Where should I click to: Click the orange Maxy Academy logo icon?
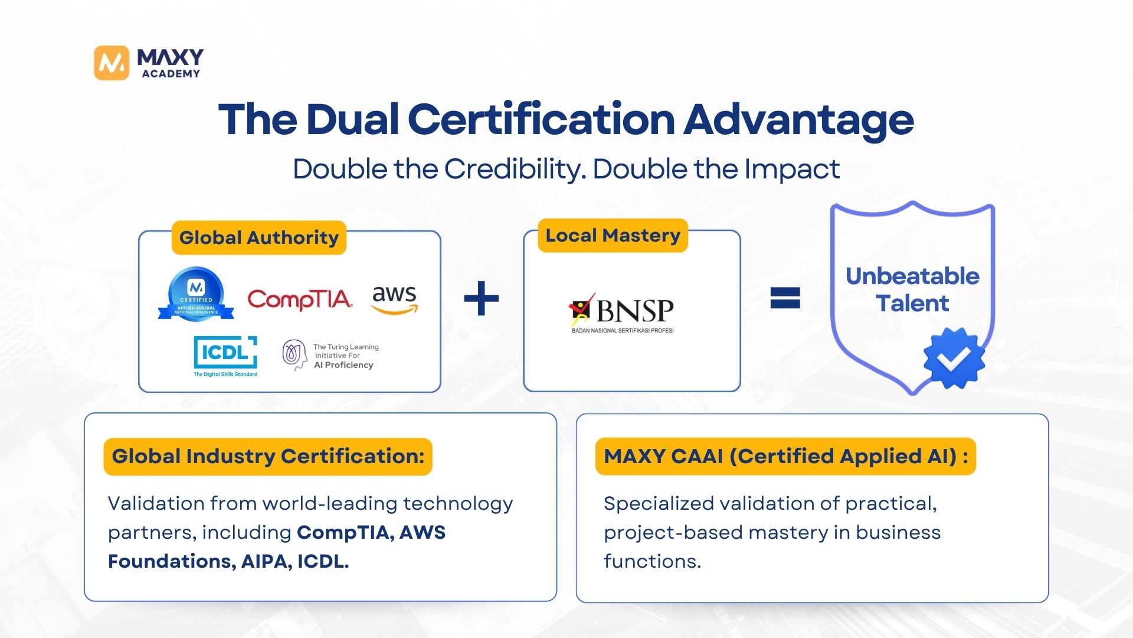click(112, 63)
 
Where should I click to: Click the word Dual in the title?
click(352, 120)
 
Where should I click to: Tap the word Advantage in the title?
click(798, 120)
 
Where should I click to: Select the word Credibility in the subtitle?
click(515, 170)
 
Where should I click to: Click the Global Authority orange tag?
click(258, 237)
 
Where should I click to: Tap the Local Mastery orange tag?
click(613, 236)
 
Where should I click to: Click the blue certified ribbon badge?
click(196, 295)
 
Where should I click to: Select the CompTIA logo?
click(299, 300)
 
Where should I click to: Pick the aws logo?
click(395, 299)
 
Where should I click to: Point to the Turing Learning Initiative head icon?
click(294, 354)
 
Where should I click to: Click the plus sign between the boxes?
click(482, 298)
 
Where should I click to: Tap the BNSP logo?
click(623, 313)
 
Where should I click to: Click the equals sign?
click(785, 298)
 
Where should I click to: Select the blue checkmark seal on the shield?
click(954, 358)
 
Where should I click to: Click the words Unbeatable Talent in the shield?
click(912, 289)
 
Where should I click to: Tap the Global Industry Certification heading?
click(268, 456)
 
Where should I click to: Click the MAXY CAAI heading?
click(785, 456)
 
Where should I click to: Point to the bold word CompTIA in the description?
click(345, 532)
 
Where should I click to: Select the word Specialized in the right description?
click(658, 503)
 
